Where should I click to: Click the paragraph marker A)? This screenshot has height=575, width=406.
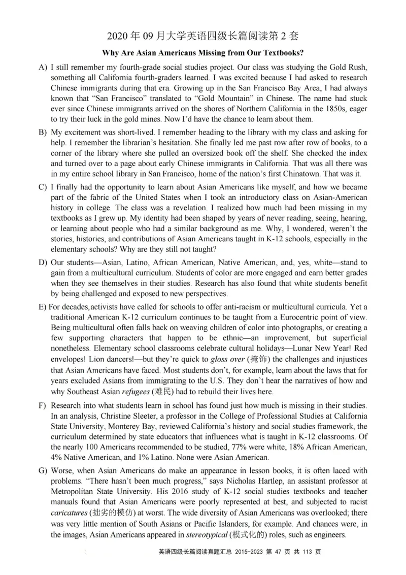pyautogui.click(x=43, y=67)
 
